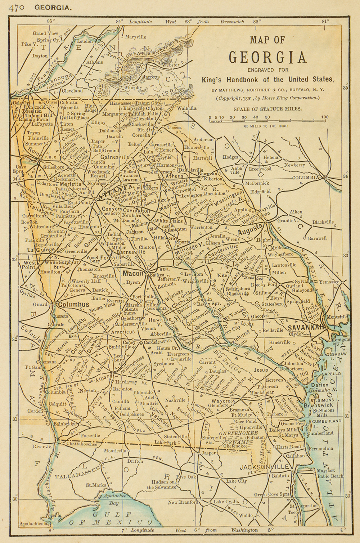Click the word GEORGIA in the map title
268,57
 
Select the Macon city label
134,274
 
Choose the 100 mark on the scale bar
325,117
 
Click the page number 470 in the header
18,7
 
